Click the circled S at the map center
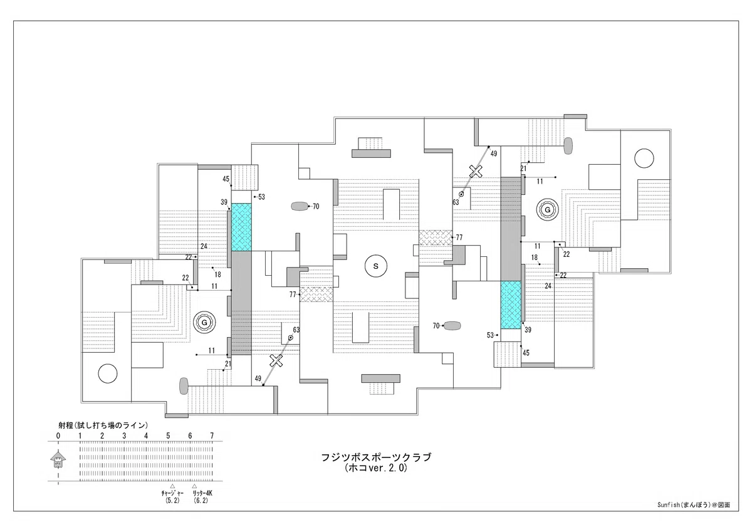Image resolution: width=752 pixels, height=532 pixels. click(x=375, y=266)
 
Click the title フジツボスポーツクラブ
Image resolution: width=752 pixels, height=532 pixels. click(x=376, y=457)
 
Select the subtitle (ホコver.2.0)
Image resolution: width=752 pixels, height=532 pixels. click(x=376, y=468)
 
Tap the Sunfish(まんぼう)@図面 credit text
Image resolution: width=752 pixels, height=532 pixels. click(x=694, y=505)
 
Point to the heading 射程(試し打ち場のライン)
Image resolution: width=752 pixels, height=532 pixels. click(x=103, y=425)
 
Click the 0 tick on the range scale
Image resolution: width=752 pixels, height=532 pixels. click(x=58, y=436)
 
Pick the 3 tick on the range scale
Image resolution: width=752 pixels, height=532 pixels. click(x=124, y=436)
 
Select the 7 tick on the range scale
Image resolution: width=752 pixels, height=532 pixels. click(x=212, y=436)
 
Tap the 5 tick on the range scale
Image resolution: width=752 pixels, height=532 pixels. click(x=168, y=436)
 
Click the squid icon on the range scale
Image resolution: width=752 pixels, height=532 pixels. click(x=58, y=459)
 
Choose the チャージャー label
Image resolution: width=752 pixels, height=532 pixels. click(x=172, y=493)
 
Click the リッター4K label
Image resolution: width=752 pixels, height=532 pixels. click(x=202, y=493)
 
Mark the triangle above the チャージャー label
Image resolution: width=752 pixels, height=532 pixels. click(x=172, y=486)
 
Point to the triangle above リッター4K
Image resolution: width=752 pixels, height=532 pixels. click(x=194, y=486)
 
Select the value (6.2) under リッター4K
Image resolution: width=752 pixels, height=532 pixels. click(x=201, y=501)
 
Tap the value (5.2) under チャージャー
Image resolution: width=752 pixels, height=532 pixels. click(x=172, y=501)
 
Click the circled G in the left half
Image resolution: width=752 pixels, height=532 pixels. click(x=204, y=323)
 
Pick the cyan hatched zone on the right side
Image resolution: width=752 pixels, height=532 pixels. click(x=511, y=305)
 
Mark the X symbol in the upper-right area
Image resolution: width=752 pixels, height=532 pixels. click(x=476, y=171)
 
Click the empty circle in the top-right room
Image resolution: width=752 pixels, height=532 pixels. click(x=644, y=158)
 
